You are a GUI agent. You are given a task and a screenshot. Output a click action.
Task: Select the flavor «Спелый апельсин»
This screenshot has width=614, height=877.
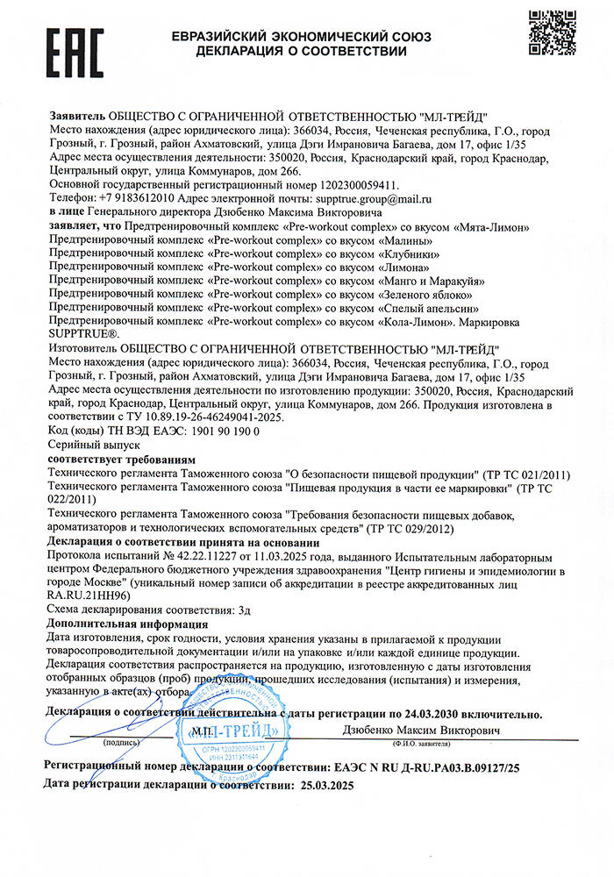pos(429,308)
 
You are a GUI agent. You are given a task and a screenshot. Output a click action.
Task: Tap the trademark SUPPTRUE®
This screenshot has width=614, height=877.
pos(90,335)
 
